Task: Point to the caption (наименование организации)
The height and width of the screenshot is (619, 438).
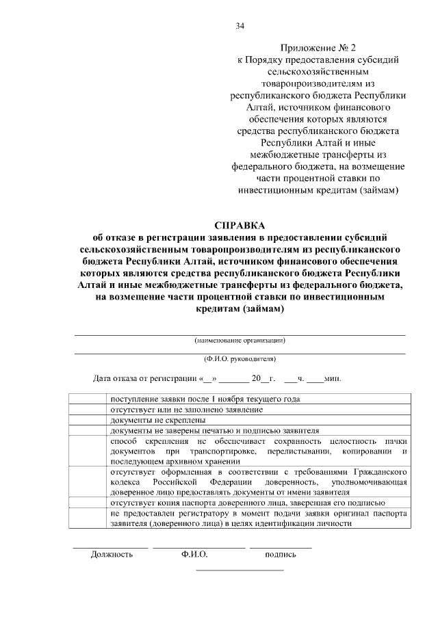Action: click(240, 340)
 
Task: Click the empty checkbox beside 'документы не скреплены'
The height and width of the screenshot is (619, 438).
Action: click(88, 420)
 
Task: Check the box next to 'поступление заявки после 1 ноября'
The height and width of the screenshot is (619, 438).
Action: click(88, 399)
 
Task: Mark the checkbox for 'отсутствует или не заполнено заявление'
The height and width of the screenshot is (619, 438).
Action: click(88, 409)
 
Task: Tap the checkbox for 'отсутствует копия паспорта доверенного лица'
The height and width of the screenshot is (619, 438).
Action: click(88, 503)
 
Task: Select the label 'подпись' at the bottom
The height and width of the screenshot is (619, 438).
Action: click(281, 554)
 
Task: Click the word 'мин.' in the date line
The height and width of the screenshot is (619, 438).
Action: click(333, 378)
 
